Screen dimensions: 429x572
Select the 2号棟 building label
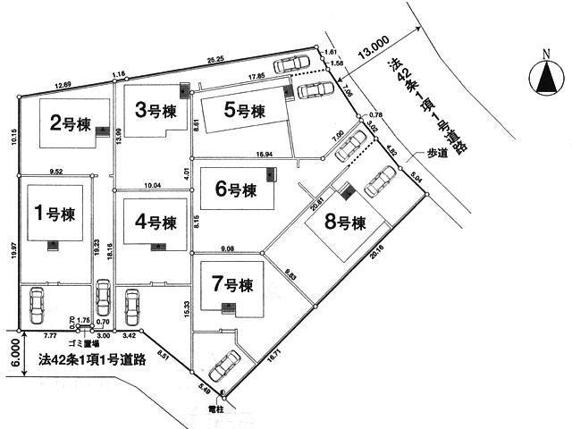pyautogui.click(x=68, y=123)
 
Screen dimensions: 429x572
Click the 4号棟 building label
pyautogui.click(x=155, y=222)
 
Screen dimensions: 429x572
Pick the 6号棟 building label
pyautogui.click(x=236, y=189)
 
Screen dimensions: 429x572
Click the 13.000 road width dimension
pyautogui.click(x=374, y=43)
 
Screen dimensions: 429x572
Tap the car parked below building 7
pyautogui.click(x=224, y=365)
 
